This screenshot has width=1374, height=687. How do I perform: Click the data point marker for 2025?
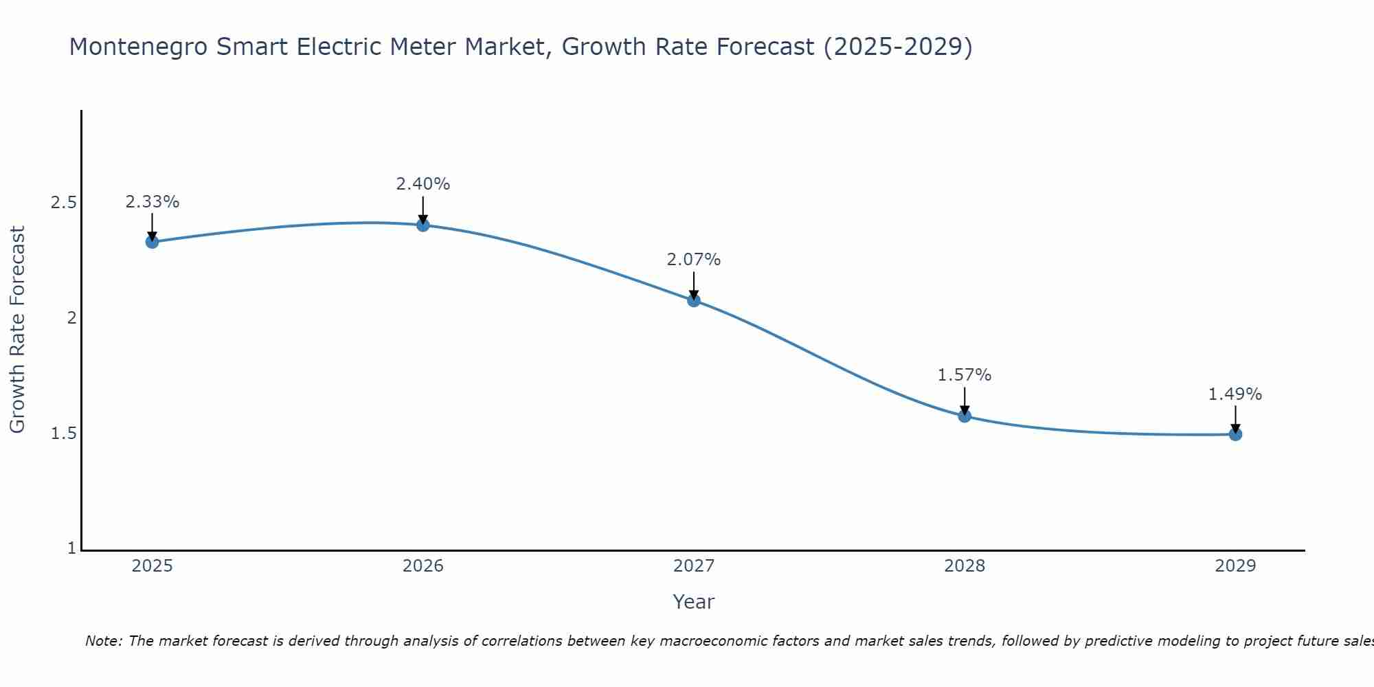[152, 242]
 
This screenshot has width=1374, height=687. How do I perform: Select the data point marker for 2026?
[423, 225]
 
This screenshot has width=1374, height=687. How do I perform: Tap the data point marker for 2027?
[694, 300]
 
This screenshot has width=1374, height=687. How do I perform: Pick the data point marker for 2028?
[965, 416]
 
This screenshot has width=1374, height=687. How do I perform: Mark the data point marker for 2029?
[1235, 434]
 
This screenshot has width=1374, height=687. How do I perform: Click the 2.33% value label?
[152, 202]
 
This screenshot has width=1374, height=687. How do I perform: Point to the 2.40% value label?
[423, 184]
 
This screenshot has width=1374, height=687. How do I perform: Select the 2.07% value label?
[694, 260]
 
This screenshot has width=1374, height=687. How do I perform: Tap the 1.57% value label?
[965, 375]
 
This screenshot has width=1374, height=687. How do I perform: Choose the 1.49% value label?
[1235, 394]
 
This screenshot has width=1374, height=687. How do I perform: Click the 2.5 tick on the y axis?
[63, 203]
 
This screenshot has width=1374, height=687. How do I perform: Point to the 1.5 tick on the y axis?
[63, 433]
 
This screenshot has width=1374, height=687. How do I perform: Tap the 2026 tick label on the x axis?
[423, 566]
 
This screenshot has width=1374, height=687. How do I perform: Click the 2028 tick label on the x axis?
[965, 566]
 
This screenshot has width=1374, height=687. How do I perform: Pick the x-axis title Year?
[694, 602]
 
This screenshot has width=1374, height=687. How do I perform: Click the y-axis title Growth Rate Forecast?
[17, 330]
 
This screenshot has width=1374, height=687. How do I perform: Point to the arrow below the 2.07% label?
[694, 285]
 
